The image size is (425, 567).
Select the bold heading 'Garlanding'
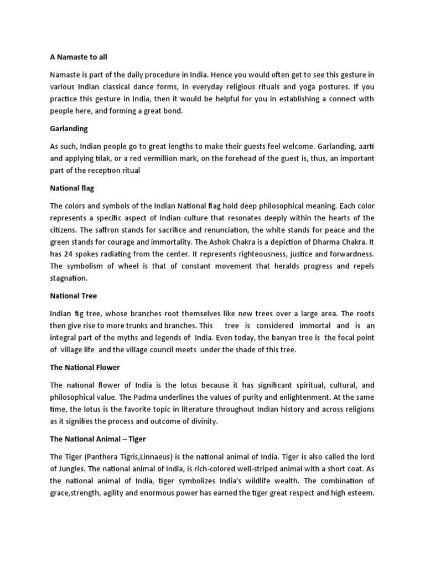(69, 128)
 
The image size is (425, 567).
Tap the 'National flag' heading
(72, 188)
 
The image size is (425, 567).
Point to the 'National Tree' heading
(73, 296)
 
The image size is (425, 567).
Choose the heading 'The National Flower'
(85, 368)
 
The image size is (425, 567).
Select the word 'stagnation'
(69, 278)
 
